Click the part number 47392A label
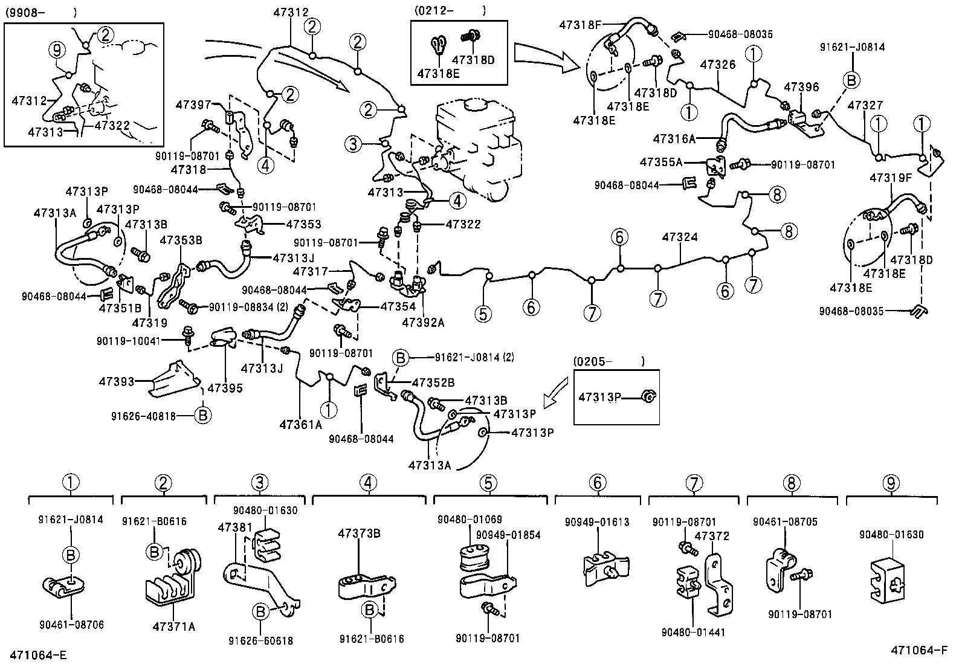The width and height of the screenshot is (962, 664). click(x=423, y=323)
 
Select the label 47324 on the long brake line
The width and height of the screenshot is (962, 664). click(x=680, y=237)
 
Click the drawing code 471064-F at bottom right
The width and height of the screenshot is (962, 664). click(x=923, y=650)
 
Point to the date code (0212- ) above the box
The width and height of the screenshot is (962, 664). click(x=450, y=10)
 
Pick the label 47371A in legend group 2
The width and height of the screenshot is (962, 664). click(x=174, y=627)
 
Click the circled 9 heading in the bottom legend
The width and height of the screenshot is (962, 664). click(x=891, y=482)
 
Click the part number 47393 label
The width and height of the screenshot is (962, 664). click(x=117, y=381)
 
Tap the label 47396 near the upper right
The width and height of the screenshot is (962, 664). click(x=801, y=87)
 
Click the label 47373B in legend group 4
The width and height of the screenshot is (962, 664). click(x=359, y=533)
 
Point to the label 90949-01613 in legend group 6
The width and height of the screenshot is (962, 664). click(x=597, y=522)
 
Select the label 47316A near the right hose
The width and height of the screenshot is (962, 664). click(x=674, y=139)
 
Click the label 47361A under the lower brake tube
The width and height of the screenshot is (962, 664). click(x=300, y=424)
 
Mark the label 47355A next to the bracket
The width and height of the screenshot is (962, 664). click(x=662, y=162)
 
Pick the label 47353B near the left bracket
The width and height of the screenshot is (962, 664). click(x=181, y=240)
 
